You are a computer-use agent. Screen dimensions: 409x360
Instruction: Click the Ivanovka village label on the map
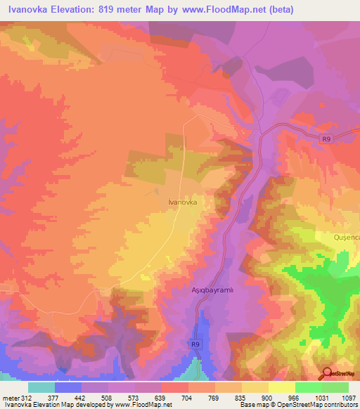(x=182, y=202)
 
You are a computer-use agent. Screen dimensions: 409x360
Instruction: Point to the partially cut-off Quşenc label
(x=347, y=238)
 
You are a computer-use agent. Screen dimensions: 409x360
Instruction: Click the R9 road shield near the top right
(x=326, y=139)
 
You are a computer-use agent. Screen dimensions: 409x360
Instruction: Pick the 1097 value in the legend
(x=349, y=397)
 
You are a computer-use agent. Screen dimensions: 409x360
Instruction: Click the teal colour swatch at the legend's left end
(x=41, y=387)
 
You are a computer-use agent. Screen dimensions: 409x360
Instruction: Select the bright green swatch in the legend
(x=309, y=387)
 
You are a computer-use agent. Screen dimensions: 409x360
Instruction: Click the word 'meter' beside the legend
(x=11, y=397)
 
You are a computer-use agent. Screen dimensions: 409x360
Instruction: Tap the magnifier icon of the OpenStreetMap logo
(x=326, y=372)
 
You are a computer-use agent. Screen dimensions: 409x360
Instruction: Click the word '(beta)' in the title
(x=293, y=10)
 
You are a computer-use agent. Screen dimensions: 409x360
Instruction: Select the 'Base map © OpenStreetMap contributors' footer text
(x=299, y=405)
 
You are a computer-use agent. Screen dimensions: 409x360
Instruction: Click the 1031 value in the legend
(x=309, y=397)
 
